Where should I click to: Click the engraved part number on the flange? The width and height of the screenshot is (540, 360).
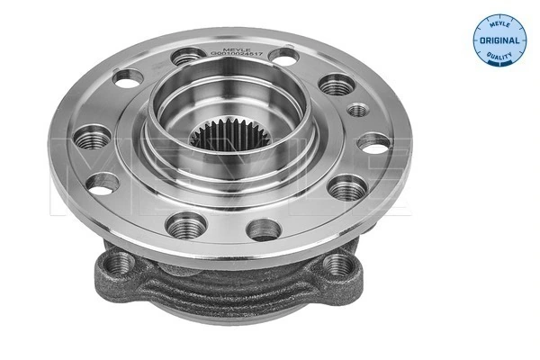(237, 53)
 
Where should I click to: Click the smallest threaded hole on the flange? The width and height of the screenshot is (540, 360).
(357, 110)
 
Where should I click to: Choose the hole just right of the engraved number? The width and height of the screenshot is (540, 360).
(284, 56)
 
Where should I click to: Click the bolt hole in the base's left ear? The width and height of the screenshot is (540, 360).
(119, 263)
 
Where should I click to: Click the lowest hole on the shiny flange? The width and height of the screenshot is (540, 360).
(263, 229)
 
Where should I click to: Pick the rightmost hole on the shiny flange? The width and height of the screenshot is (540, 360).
(373, 143)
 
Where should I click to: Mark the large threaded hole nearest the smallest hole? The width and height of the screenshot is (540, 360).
(337, 85)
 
